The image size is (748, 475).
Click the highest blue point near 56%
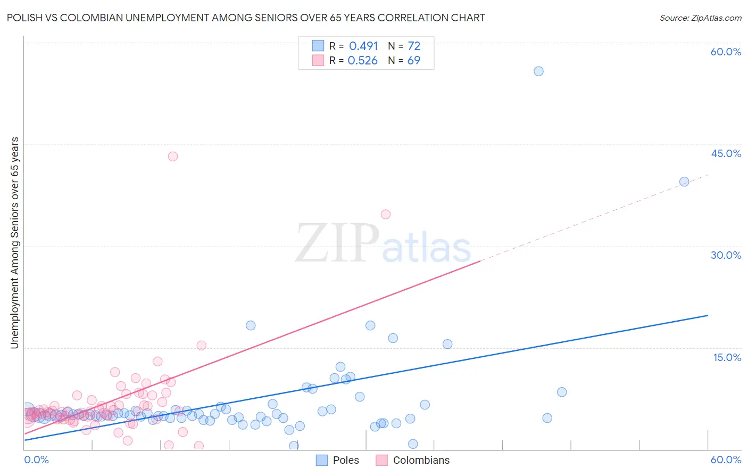coord(538,71)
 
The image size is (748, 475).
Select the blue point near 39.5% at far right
coord(684,182)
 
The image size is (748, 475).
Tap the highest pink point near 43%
coord(173,157)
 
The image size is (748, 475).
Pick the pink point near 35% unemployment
coord(386,215)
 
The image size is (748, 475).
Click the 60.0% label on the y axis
coord(726,52)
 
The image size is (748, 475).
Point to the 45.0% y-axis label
coord(726,153)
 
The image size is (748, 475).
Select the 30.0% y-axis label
coord(726,255)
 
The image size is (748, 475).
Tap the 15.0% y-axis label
coord(727,357)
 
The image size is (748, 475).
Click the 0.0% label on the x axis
coord(36,460)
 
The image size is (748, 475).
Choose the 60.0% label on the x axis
coord(726,460)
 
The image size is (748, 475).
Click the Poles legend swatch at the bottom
coord(322,460)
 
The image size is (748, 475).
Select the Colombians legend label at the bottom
coord(421,460)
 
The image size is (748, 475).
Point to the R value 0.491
coord(363,46)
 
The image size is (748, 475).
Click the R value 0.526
coord(362,61)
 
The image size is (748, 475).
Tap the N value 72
coord(414,46)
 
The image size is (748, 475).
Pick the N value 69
coord(414,61)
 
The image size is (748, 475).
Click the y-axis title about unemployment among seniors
coord(14,243)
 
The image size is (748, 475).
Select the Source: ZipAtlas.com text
coord(700,18)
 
